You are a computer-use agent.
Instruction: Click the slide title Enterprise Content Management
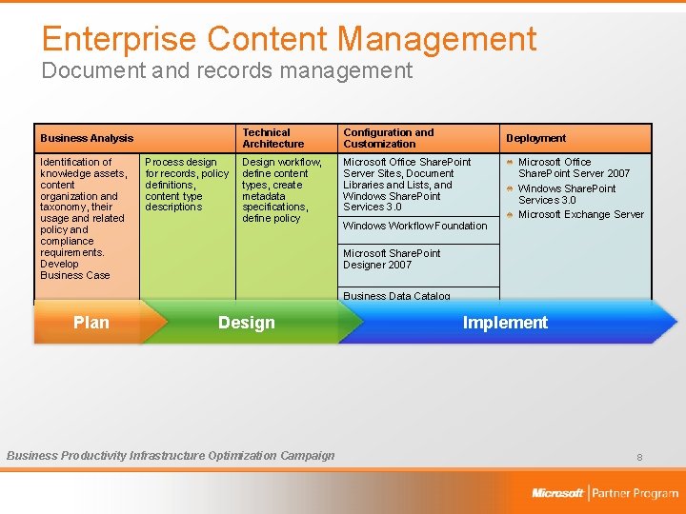[289, 39]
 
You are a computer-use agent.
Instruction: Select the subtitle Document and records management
[227, 71]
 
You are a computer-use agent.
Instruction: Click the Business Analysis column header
[87, 139]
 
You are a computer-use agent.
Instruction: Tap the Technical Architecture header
[272, 139]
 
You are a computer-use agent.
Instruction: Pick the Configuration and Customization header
[388, 139]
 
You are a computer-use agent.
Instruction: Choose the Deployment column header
[535, 139]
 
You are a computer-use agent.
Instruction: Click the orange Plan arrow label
[91, 323]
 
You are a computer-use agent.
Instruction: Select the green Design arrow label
[246, 323]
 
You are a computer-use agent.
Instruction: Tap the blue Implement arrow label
[504, 323]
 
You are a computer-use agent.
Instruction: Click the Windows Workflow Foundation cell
[414, 227]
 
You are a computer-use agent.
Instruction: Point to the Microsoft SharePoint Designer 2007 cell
[392, 260]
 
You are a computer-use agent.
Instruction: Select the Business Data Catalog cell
[396, 295]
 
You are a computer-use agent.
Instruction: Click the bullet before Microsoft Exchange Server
[511, 214]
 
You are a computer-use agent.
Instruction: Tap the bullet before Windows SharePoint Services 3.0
[511, 188]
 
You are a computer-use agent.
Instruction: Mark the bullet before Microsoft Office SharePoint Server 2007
[511, 162]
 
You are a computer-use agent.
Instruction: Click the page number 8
[639, 458]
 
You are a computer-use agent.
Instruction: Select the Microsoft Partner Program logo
[604, 493]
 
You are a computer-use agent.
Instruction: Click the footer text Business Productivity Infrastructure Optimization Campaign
[171, 456]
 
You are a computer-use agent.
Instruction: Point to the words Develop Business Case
[74, 269]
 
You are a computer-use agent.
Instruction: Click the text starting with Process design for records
[187, 185]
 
